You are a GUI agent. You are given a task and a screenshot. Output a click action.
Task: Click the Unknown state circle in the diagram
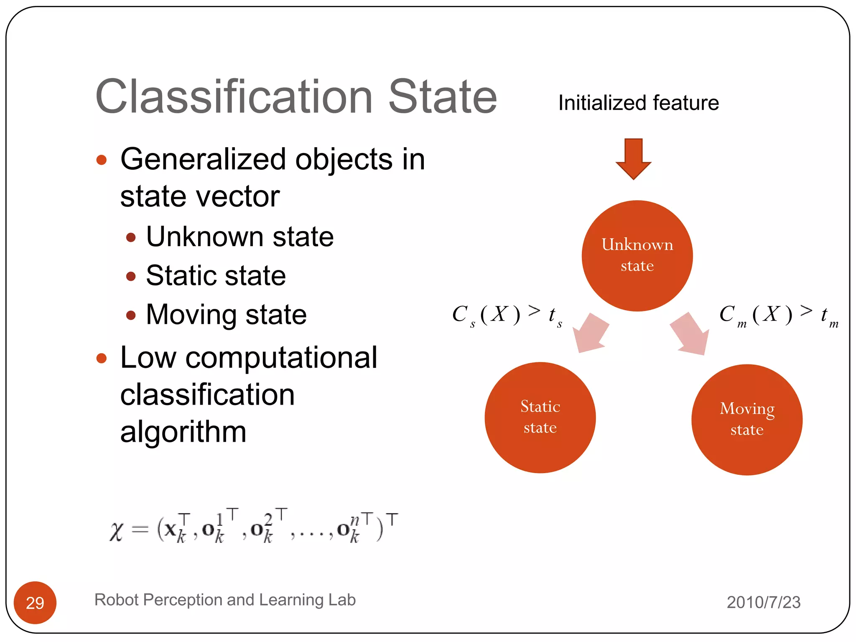pyautogui.click(x=637, y=255)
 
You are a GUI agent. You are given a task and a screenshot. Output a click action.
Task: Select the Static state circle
pyautogui.click(x=540, y=417)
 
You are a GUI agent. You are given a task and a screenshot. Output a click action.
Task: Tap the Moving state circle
pyautogui.click(x=746, y=419)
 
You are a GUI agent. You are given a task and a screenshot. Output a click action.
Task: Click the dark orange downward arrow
pyautogui.click(x=633, y=159)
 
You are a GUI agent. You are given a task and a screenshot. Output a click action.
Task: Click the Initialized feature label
pyautogui.click(x=638, y=103)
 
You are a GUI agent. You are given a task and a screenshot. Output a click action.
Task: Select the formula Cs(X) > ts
pyautogui.click(x=507, y=315)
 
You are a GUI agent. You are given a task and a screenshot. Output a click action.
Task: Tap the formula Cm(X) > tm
pyautogui.click(x=778, y=315)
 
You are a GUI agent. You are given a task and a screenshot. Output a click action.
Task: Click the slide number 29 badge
pyautogui.click(x=35, y=602)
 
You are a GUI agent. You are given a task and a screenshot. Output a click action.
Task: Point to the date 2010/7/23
pyautogui.click(x=763, y=602)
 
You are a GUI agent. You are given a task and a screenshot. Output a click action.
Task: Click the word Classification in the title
pyautogui.click(x=234, y=97)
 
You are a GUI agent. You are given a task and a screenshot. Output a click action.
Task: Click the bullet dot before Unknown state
pyautogui.click(x=131, y=238)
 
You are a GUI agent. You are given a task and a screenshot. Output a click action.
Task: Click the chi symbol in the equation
pyautogui.click(x=117, y=532)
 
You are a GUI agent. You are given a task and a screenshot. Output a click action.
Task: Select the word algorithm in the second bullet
pyautogui.click(x=183, y=432)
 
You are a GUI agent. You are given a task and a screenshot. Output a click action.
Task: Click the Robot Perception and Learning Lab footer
pyautogui.click(x=225, y=600)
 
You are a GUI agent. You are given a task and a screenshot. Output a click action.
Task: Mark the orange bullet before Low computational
pyautogui.click(x=102, y=358)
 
